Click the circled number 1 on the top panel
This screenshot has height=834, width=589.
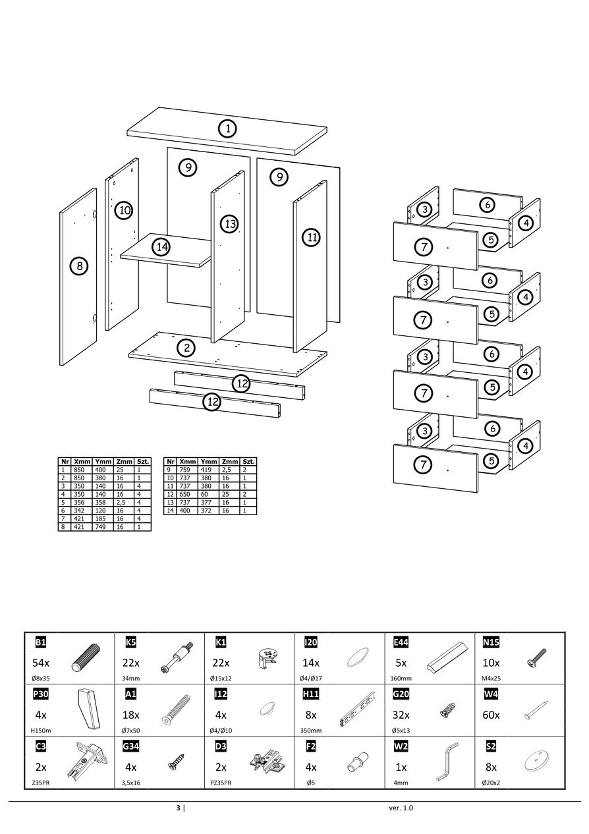click(x=227, y=128)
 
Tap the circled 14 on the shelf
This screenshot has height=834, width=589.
click(x=161, y=247)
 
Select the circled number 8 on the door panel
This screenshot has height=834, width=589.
click(x=79, y=266)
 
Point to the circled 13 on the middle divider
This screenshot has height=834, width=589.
click(x=229, y=224)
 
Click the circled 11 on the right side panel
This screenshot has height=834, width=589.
click(x=312, y=237)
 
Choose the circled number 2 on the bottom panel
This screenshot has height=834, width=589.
click(x=187, y=347)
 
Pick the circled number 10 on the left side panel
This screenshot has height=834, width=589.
click(x=124, y=211)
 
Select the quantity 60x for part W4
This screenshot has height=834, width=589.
click(x=491, y=715)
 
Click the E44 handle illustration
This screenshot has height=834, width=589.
click(x=447, y=655)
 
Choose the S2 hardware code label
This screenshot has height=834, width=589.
click(x=490, y=746)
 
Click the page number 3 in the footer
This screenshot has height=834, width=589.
click(x=177, y=808)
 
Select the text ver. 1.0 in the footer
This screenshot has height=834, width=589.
click(x=401, y=808)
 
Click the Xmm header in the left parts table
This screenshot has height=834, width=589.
click(x=82, y=462)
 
